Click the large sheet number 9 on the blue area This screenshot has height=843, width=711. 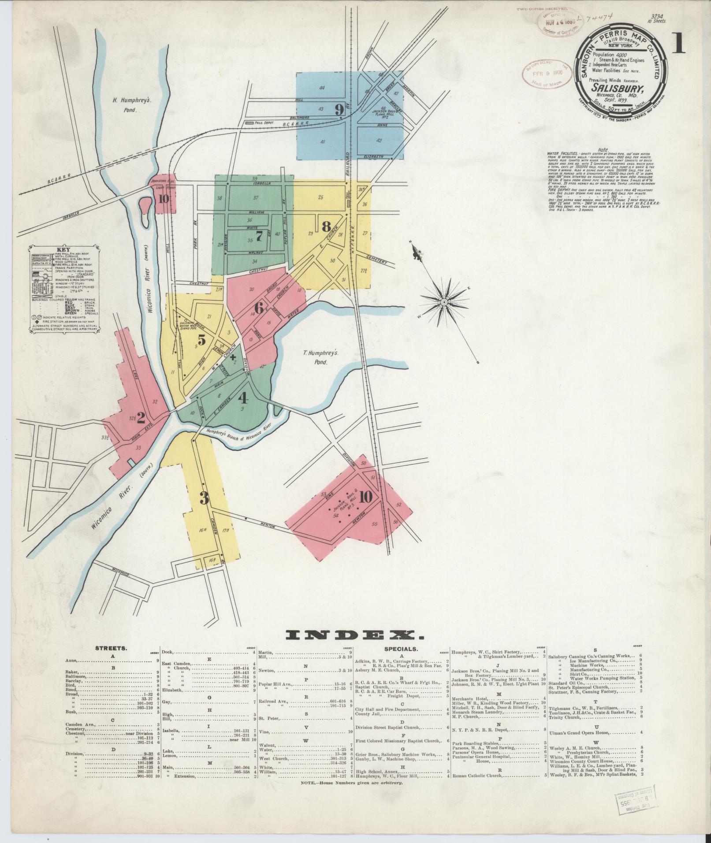coord(339,108)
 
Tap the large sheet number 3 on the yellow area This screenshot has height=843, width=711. coord(204,498)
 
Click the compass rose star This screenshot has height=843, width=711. coord(444,302)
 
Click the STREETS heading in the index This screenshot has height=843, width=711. coord(112,649)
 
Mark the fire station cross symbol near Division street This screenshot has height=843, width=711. coord(233,357)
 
